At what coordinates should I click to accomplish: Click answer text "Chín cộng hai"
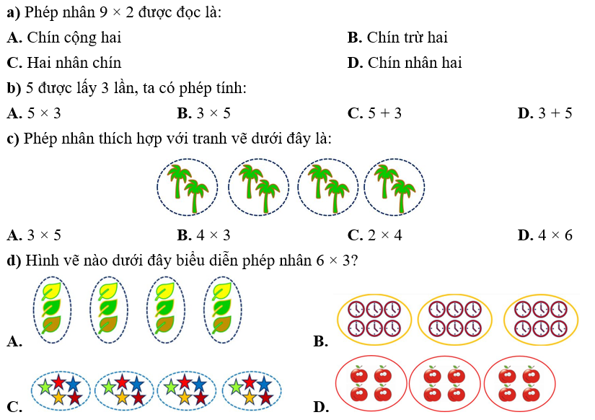click(74, 38)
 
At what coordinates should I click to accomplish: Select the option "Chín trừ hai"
click(407, 38)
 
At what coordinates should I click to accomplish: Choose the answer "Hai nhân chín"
click(74, 63)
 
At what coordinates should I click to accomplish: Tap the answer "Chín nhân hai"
click(414, 63)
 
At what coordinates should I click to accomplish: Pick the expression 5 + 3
click(384, 113)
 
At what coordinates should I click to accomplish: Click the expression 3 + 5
click(555, 113)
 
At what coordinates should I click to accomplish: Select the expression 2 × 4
click(384, 235)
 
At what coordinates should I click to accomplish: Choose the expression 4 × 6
click(555, 235)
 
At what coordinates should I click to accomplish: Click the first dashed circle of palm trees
click(188, 188)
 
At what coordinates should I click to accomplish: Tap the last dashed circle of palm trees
click(395, 188)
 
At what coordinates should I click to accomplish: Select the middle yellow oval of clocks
click(454, 318)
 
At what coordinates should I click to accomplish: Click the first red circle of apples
click(369, 384)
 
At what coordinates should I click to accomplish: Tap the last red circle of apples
click(520, 384)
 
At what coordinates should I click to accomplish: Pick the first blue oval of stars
click(61, 390)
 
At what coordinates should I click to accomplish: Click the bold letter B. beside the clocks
click(322, 341)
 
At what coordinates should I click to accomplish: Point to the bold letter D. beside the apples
click(322, 408)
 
